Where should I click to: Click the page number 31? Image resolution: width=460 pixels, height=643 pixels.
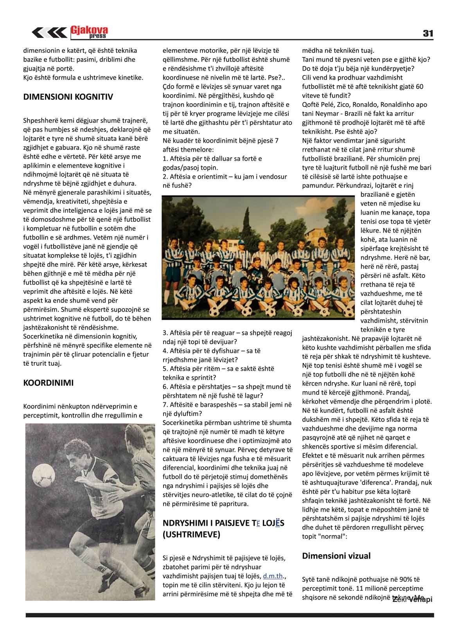pos(428,34)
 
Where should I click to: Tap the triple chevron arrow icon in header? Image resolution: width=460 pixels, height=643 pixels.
pos(49,33)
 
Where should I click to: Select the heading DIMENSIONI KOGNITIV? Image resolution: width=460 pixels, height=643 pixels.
pos(68,97)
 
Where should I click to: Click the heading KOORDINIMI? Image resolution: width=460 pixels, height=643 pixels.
pos(49,383)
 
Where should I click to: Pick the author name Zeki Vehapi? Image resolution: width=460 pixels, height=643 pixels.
pos(413,600)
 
